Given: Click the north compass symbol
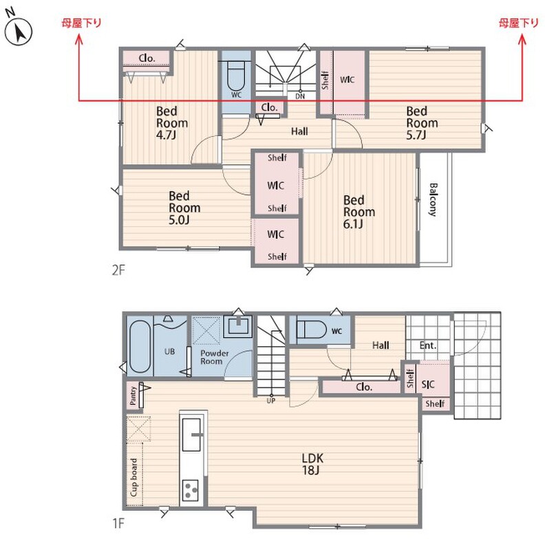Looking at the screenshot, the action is point(19,32).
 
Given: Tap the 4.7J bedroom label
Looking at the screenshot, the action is point(172,123).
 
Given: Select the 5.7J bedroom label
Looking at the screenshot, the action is point(422,123).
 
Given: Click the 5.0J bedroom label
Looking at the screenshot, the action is point(184,208).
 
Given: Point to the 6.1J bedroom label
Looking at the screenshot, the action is point(359,212).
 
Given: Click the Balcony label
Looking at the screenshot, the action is point(433,199).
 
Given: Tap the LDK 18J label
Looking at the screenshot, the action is point(312,463).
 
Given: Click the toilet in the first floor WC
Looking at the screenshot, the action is point(312,329).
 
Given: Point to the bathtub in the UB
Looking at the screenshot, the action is point(140,346).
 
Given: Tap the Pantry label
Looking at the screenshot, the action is point(133,395).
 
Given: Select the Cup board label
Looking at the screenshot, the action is point(133,477).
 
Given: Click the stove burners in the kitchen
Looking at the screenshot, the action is point(191,489).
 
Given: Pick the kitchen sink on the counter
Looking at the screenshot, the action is point(192,434).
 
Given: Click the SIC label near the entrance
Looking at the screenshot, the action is point(428,384).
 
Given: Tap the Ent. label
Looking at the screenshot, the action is point(428,346).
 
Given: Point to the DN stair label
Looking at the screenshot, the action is point(300,96).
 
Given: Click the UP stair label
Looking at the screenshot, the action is point(270,400).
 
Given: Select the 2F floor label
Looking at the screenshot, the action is point(118,270).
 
